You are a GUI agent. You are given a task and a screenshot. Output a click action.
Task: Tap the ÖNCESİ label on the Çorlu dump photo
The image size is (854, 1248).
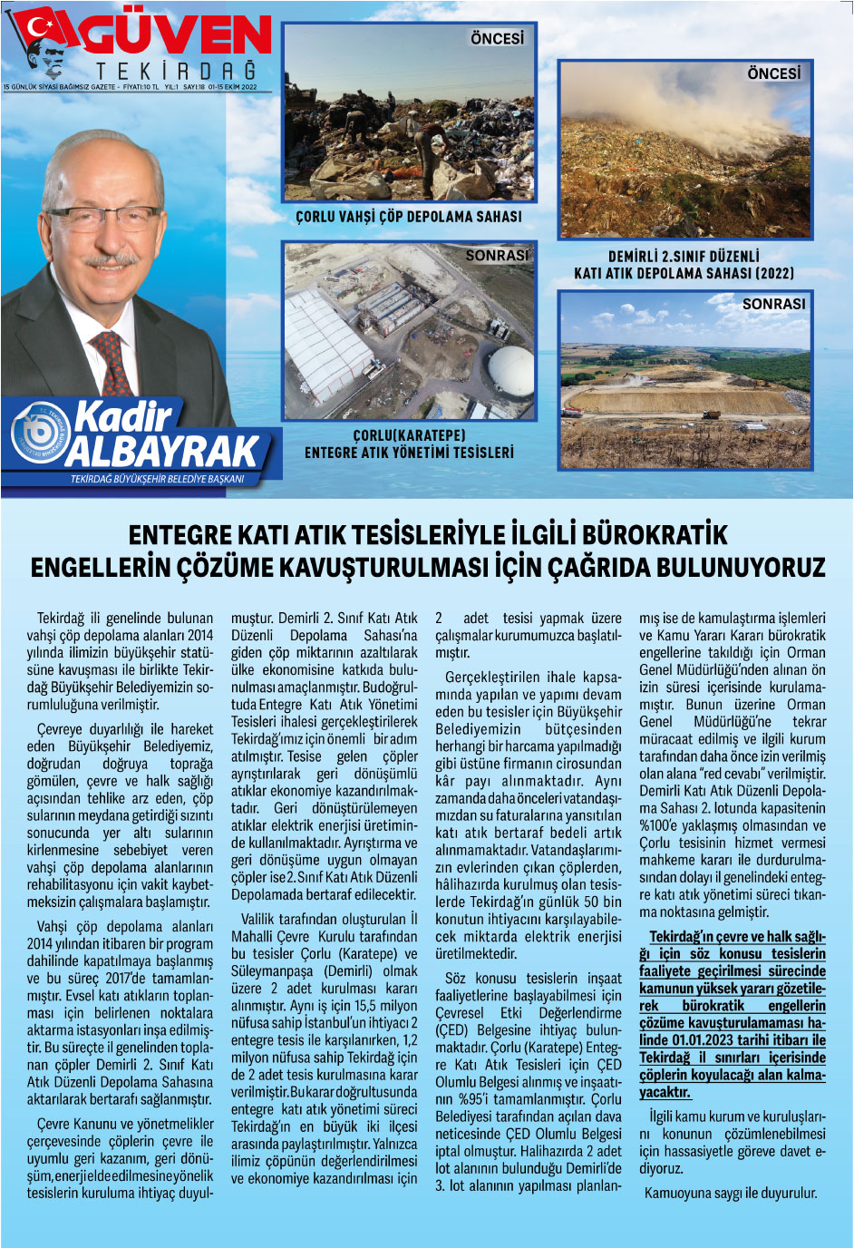click(x=497, y=38)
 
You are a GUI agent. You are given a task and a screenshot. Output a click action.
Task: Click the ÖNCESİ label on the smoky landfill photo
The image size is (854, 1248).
click(x=773, y=73)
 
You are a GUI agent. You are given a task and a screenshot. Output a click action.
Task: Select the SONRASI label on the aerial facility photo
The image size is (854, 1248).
click(x=496, y=257)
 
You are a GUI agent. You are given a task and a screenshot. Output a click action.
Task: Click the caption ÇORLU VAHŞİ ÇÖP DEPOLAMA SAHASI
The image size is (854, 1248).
click(x=409, y=218)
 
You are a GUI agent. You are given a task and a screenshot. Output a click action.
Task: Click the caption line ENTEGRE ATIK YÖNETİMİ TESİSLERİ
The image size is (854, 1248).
click(x=409, y=452)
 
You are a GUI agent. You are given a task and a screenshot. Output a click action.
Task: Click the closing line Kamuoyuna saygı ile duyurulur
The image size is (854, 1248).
click(x=731, y=1193)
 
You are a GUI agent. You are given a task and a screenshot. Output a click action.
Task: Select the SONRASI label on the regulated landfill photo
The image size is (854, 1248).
click(x=773, y=304)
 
